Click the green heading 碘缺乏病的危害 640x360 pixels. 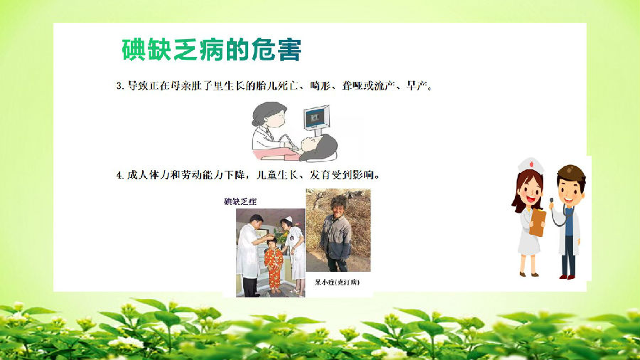211,50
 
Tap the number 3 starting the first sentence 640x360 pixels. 119,86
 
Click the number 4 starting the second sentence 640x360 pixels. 119,175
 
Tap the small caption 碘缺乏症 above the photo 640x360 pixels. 240,201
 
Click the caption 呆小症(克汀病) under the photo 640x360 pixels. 337,282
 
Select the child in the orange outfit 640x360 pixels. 273,265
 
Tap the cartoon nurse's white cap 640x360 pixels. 530,165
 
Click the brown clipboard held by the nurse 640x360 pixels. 538,223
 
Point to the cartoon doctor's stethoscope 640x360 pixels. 558,214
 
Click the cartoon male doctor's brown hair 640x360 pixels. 572,174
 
